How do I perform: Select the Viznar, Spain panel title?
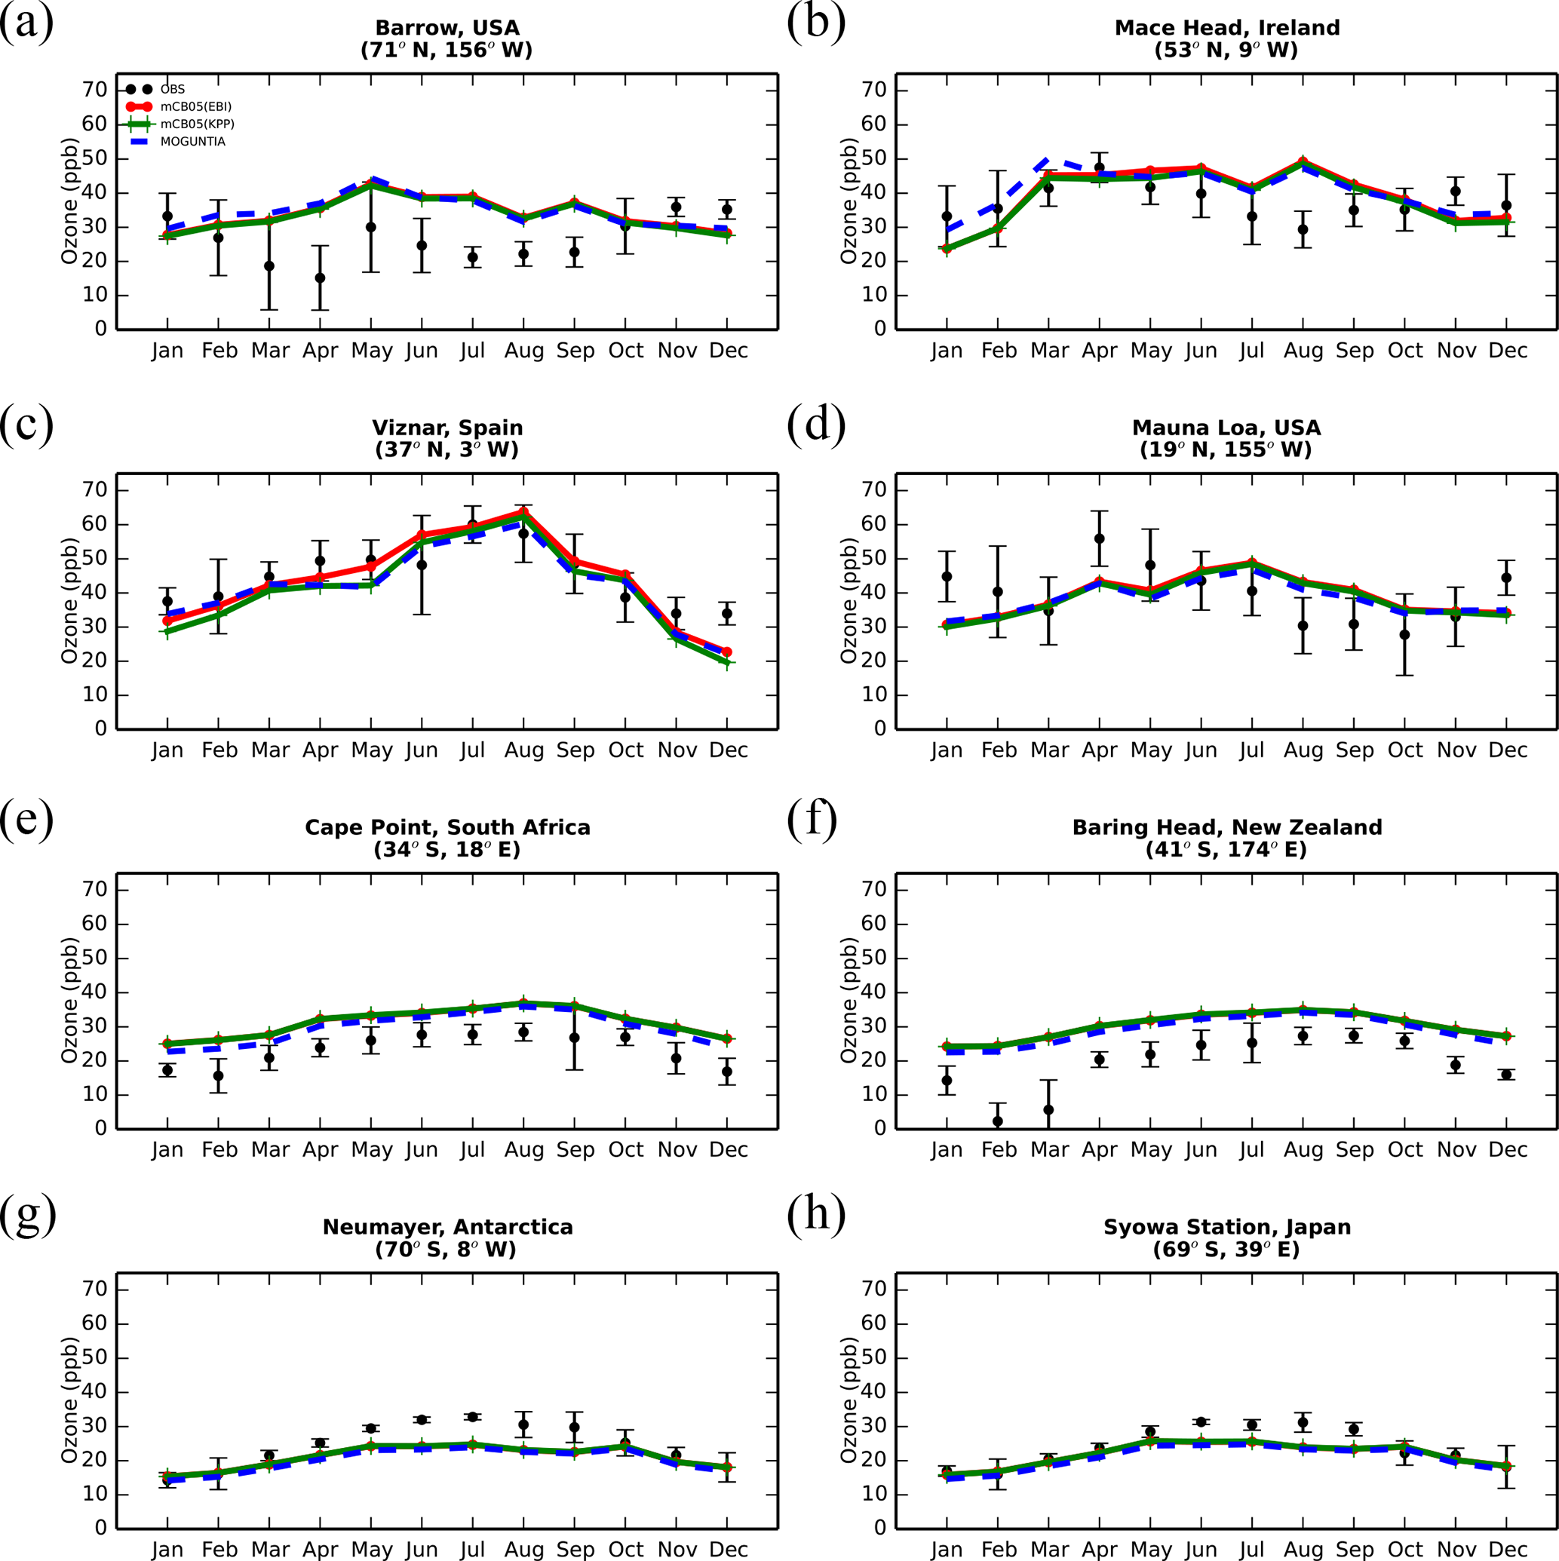(x=447, y=428)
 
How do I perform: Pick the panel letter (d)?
(x=816, y=422)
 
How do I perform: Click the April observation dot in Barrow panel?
(x=320, y=278)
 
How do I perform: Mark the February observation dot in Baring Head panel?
(x=997, y=1121)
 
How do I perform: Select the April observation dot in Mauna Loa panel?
(x=1099, y=539)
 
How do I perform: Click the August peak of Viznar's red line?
(x=523, y=511)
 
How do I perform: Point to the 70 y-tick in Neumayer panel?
(x=94, y=1290)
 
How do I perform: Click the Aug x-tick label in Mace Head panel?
(x=1303, y=351)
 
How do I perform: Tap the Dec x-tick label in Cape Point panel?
(x=728, y=1150)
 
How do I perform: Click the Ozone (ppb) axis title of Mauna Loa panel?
(x=848, y=601)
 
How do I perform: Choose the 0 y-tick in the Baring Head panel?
(x=879, y=1128)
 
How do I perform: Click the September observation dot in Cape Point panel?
(x=575, y=1038)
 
